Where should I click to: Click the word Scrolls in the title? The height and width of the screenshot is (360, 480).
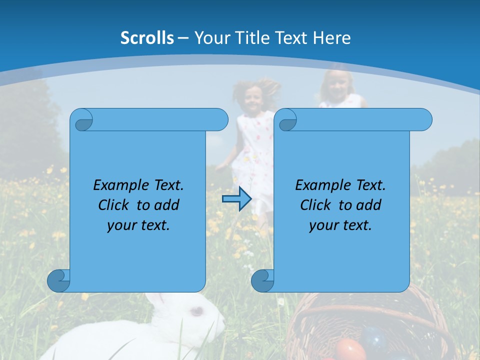coord(147,38)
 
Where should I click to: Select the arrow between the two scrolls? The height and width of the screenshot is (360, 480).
coord(237,199)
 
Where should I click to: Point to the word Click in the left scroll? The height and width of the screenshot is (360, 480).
coord(115,205)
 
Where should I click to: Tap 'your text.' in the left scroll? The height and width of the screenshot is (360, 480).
coord(138,225)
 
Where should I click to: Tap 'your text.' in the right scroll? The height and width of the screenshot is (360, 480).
coord(340,225)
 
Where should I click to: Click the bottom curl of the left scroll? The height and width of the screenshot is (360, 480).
coord(58,280)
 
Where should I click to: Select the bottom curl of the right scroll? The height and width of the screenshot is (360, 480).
coord(262,280)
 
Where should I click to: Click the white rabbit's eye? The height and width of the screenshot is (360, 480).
coord(196,311)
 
